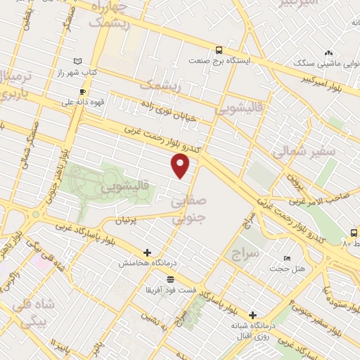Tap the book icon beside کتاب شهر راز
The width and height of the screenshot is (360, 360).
[77, 62]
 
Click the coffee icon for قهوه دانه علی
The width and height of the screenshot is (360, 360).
[83, 91]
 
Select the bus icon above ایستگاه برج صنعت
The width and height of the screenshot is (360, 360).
[219, 50]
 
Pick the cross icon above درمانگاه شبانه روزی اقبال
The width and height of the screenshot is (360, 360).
[252, 315]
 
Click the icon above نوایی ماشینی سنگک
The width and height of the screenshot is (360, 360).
[328, 53]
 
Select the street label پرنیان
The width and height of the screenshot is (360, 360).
[128, 220]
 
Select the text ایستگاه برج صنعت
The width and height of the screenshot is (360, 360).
[224, 60]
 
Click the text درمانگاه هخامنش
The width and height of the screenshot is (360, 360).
[146, 262]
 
